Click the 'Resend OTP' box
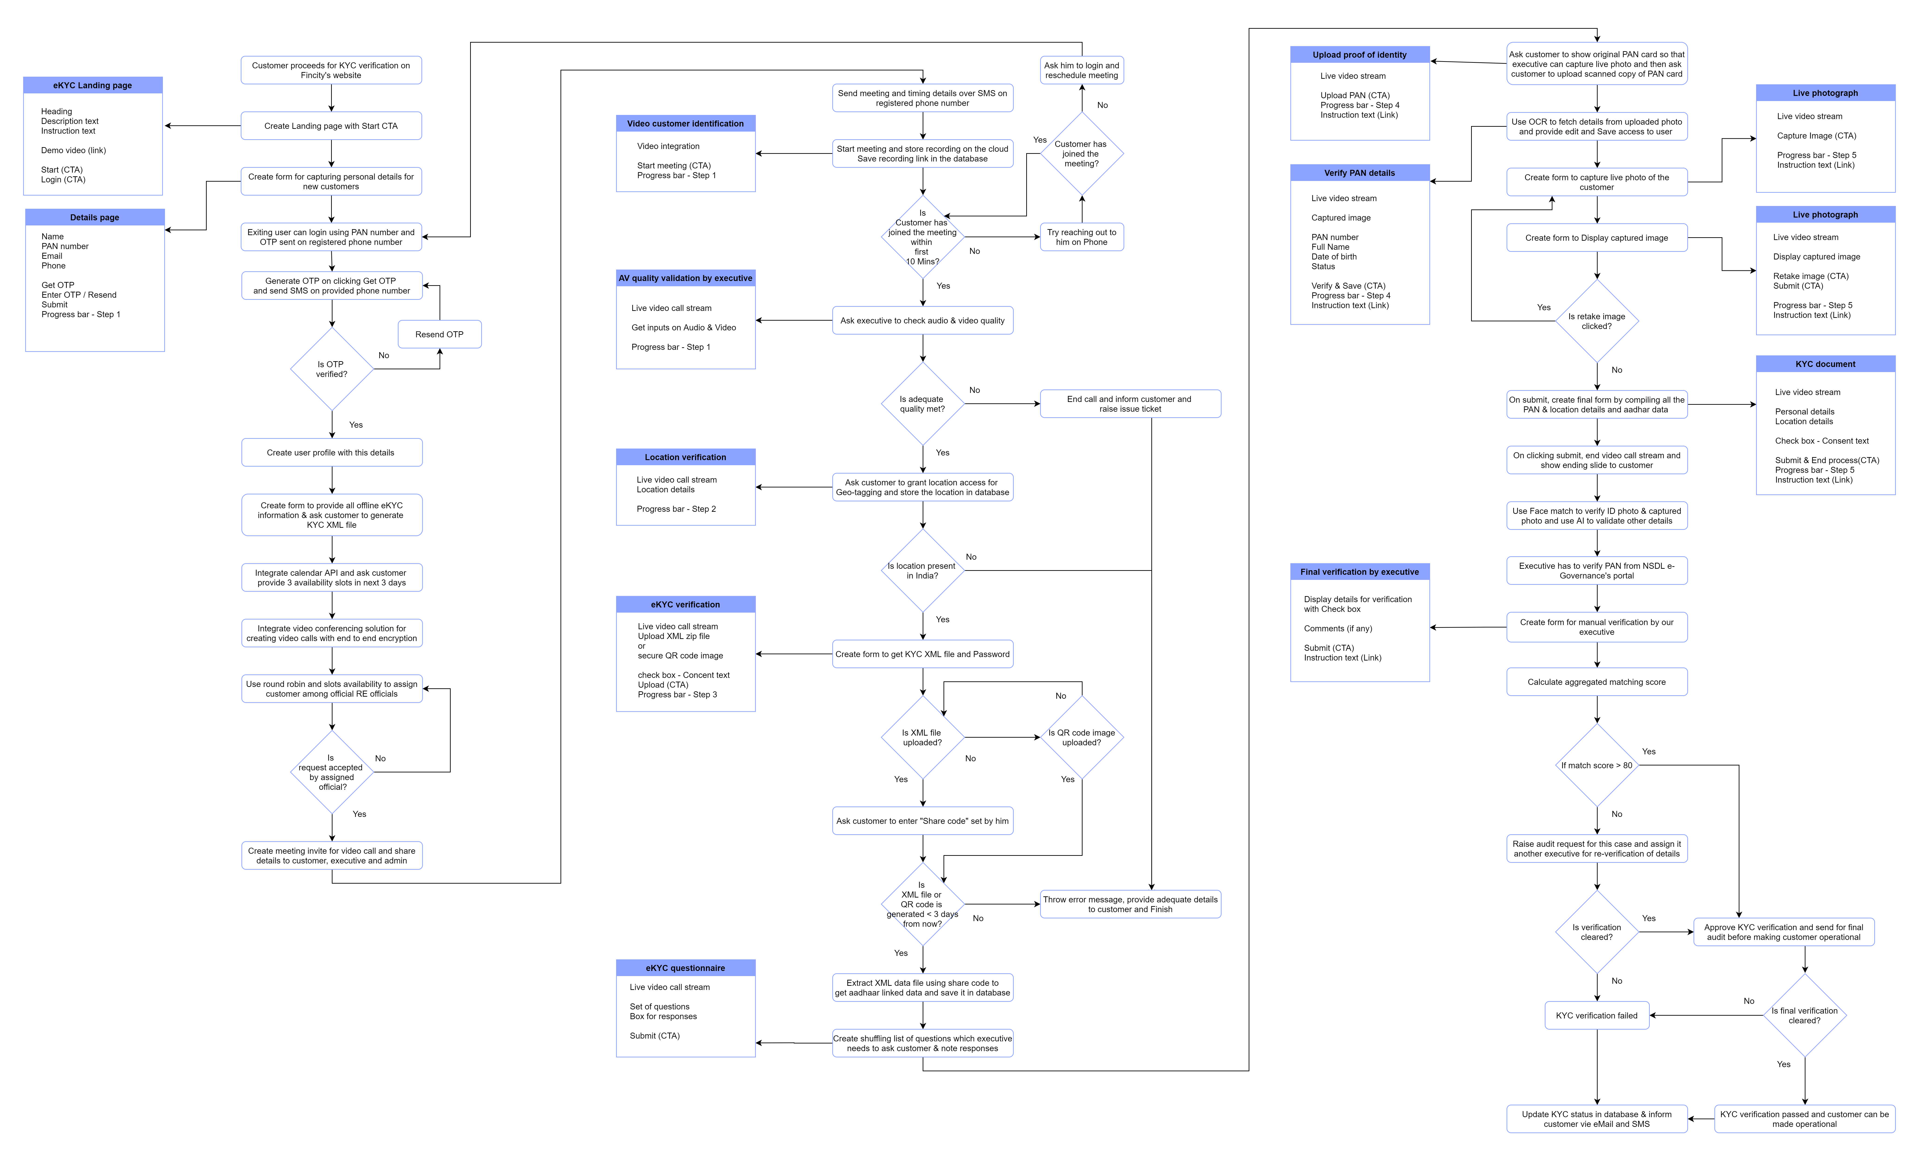coord(439,334)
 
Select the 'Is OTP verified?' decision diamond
coord(332,369)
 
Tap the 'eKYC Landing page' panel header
coord(93,85)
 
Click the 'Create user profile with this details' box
coord(332,452)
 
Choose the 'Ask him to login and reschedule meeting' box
coord(1082,70)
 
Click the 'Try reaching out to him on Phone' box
coord(1082,237)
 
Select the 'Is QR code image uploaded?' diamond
coord(1082,737)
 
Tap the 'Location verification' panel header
coord(685,457)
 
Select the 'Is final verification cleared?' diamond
coord(1805,1015)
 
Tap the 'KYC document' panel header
coord(1826,364)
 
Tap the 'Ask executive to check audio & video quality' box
coord(923,320)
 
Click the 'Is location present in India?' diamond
coord(923,571)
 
